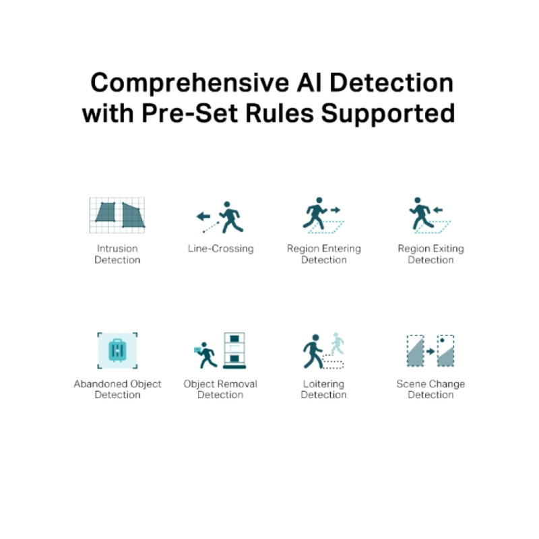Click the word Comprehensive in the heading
click(190, 84)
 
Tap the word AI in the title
click(309, 82)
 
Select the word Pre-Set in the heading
click(189, 113)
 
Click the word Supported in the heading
click(388, 114)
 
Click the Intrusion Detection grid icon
click(117, 215)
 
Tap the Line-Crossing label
click(221, 249)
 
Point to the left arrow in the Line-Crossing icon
click(203, 216)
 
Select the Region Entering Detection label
click(324, 254)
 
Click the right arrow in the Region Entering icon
click(335, 210)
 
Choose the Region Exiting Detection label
click(431, 254)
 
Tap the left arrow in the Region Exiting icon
click(437, 210)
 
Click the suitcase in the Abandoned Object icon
click(117, 350)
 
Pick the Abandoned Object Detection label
click(117, 389)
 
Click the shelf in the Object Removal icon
click(234, 350)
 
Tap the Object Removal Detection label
click(220, 389)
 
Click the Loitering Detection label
click(323, 389)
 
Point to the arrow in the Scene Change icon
click(431, 351)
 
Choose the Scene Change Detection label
click(431, 389)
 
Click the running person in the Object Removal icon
click(206, 355)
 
